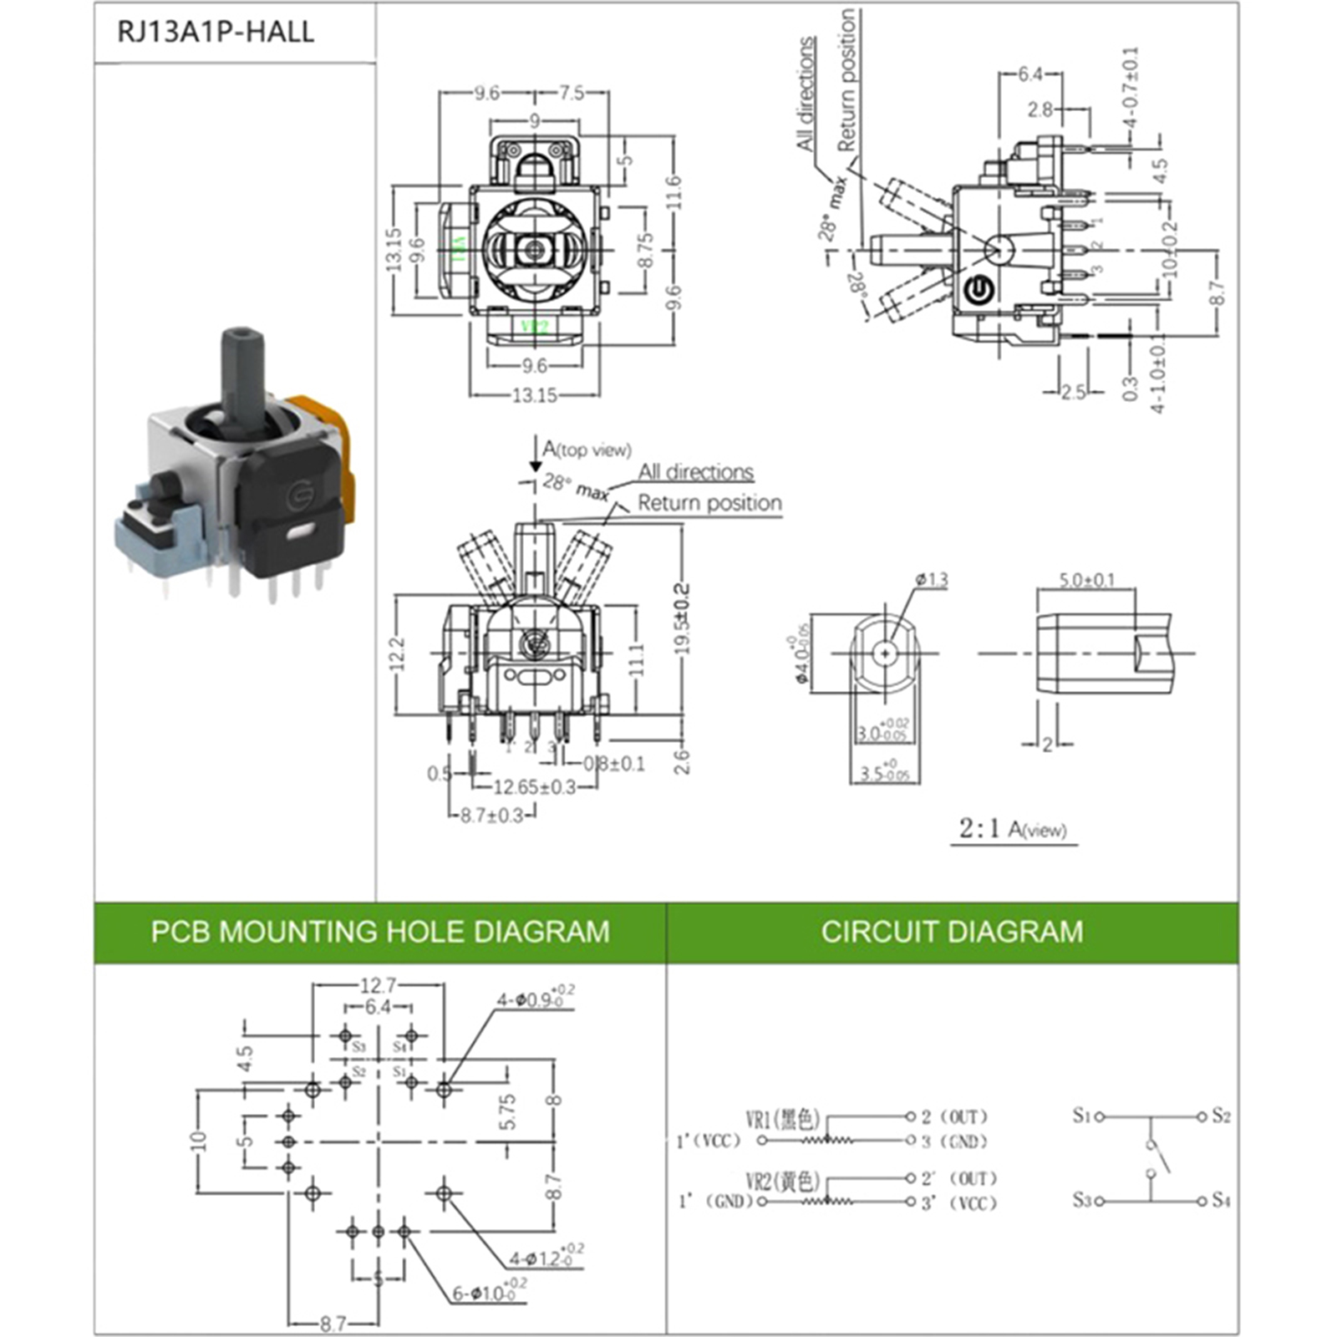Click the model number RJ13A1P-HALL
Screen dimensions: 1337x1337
[x=215, y=33]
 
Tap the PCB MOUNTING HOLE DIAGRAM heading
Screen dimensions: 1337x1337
[x=380, y=932]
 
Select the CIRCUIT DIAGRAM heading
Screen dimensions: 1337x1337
[x=952, y=932]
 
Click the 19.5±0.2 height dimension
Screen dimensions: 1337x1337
[x=683, y=619]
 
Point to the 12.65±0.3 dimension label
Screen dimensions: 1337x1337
[x=534, y=787]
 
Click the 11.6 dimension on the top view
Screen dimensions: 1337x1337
[x=675, y=192]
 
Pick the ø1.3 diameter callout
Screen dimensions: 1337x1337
[x=932, y=579]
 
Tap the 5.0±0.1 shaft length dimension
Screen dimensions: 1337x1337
[x=1086, y=580]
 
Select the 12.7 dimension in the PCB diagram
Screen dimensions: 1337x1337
[x=378, y=986]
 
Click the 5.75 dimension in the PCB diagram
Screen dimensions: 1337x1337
[x=507, y=1112]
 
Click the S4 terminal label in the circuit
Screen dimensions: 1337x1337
[x=1221, y=1201]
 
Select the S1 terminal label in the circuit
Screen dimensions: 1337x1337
[x=1082, y=1116]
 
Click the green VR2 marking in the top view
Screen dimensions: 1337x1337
[x=534, y=327]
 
